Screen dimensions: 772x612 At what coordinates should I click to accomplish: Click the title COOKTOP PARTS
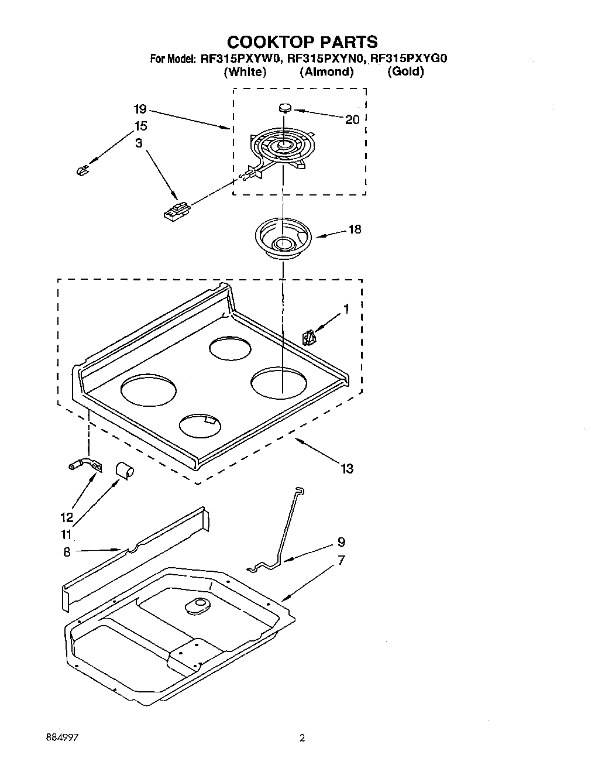coord(302,42)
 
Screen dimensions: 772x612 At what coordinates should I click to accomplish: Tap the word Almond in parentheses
coord(326,72)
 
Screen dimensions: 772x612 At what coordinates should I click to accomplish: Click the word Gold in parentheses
coord(405,72)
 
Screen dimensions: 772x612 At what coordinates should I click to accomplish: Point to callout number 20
coord(352,119)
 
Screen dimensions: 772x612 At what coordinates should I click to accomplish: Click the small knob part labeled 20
coord(284,108)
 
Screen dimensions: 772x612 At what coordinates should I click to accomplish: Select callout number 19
coord(139,109)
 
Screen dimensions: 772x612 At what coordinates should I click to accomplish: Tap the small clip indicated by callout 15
coord(82,170)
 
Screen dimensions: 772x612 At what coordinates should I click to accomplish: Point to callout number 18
coord(355,229)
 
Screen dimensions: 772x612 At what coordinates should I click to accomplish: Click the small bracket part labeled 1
coord(308,338)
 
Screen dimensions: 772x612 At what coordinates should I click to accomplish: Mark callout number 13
coord(347,468)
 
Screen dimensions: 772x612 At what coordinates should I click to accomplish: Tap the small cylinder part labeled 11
coord(123,469)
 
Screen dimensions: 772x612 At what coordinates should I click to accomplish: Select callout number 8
coord(67,551)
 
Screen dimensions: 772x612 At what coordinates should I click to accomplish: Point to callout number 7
coord(341,560)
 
